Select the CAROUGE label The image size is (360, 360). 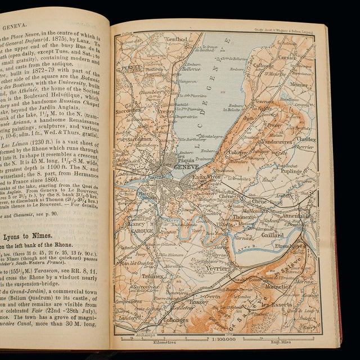pos(142,230)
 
